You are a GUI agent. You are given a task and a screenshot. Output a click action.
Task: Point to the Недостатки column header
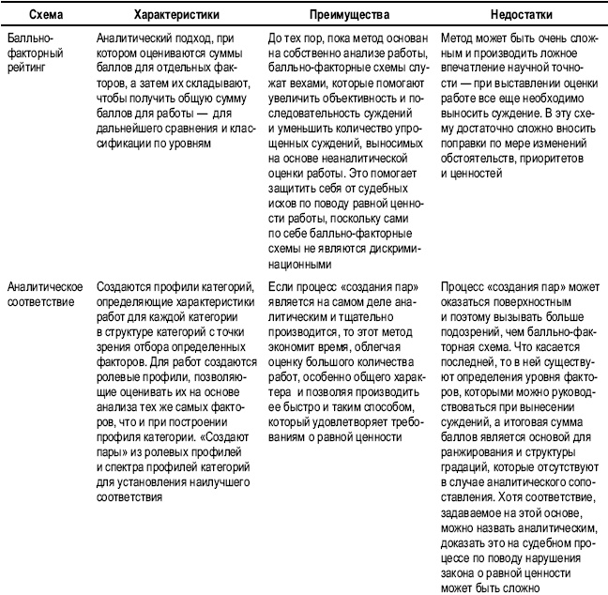tap(521, 16)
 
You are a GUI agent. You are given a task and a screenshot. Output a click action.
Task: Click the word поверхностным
tap(524, 299)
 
